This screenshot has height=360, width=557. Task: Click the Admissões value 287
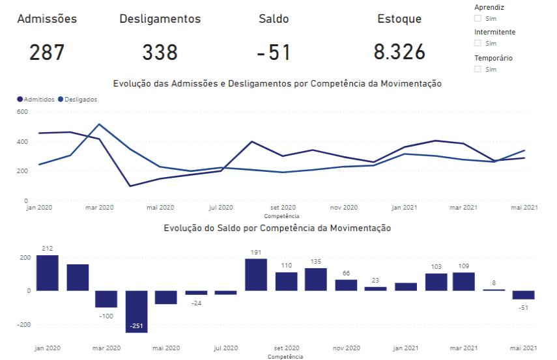coord(47,52)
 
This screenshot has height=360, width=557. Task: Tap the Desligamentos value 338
coord(160,52)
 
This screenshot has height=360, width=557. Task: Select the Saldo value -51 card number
coord(274,52)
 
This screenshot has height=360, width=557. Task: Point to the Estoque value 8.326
coord(399,52)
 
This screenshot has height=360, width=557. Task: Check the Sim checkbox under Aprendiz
coord(478,19)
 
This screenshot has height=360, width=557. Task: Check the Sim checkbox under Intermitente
coord(478,44)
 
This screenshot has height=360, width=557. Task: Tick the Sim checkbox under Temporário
coord(478,69)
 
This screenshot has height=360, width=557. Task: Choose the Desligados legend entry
coord(78,100)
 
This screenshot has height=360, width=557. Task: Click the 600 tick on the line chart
coord(22,112)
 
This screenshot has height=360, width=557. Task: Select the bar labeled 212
coord(47,273)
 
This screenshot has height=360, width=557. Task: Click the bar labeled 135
coord(316,279)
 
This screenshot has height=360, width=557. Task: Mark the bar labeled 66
coord(346,285)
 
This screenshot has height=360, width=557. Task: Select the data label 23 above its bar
coord(376,281)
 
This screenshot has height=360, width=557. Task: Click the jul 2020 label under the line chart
coord(221,208)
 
